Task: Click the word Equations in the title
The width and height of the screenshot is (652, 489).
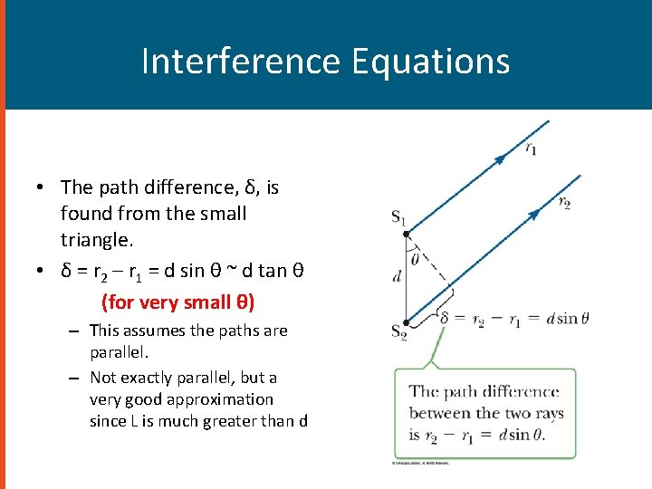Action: [429, 62]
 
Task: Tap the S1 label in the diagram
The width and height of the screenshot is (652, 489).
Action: [398, 216]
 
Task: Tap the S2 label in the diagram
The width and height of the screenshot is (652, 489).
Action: [398, 331]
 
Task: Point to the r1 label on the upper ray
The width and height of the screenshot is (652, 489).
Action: [531, 148]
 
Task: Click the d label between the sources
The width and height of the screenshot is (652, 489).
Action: [397, 276]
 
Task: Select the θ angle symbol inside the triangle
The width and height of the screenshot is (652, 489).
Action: [416, 259]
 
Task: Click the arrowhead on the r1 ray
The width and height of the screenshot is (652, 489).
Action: [499, 159]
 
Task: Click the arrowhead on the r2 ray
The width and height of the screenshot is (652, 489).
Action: [534, 214]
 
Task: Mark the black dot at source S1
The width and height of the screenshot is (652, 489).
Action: [407, 233]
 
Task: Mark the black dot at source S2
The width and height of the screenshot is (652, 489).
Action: [407, 321]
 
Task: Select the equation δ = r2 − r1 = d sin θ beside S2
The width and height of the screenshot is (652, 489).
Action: [513, 318]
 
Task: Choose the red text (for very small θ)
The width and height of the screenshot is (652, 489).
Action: [177, 302]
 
